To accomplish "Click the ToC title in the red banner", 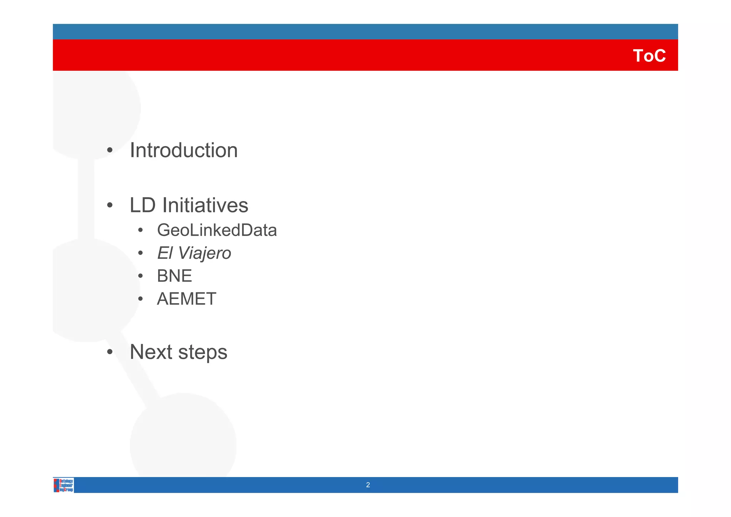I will (x=649, y=56).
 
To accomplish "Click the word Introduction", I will (x=183, y=150).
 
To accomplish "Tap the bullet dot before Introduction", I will (x=110, y=150).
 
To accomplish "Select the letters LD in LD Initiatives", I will (x=142, y=206).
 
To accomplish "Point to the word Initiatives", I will (x=205, y=206).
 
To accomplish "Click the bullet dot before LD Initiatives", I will (x=110, y=206).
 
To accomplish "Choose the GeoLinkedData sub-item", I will (x=217, y=230).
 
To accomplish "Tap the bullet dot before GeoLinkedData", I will (x=141, y=230).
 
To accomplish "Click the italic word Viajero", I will (x=204, y=254).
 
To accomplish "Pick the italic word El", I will (x=165, y=253).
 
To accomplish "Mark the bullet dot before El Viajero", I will (x=141, y=254).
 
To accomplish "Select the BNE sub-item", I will (x=174, y=276).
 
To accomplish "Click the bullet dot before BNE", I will (x=141, y=276).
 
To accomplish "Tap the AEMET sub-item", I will (x=186, y=299).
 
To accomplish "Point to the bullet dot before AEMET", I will (x=141, y=299).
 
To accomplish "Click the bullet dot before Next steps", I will (x=110, y=352).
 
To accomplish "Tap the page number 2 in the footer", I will (x=368, y=485).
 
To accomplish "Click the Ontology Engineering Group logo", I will (x=64, y=485).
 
